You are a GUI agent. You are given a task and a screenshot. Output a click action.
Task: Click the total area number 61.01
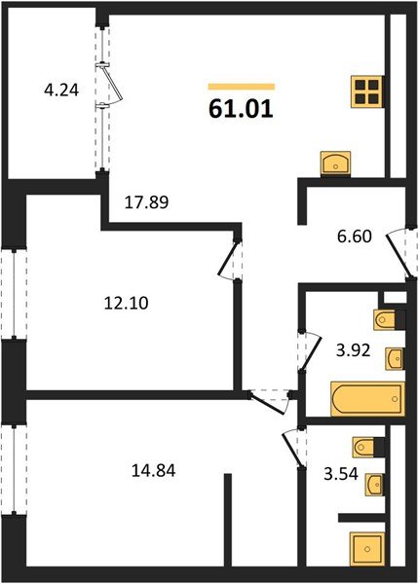[x=241, y=107]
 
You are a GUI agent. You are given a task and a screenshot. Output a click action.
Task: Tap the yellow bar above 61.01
[x=241, y=87]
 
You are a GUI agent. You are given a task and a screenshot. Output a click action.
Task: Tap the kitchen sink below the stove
[x=335, y=163]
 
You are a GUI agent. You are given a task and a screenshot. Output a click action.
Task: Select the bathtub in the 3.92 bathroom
[x=365, y=399]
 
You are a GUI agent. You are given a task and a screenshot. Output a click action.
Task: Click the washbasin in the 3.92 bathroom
[x=393, y=359]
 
